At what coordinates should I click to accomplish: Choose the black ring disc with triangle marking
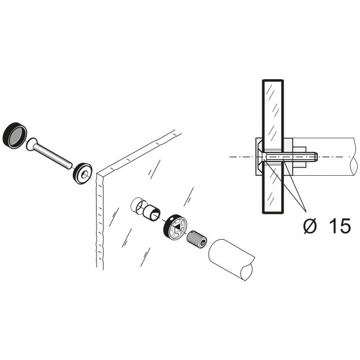[174, 226]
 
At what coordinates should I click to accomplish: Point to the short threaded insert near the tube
[196, 241]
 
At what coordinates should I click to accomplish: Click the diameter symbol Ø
[309, 225]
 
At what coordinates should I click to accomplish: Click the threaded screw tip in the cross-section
[311, 157]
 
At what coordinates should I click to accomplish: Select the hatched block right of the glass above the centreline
[288, 146]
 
